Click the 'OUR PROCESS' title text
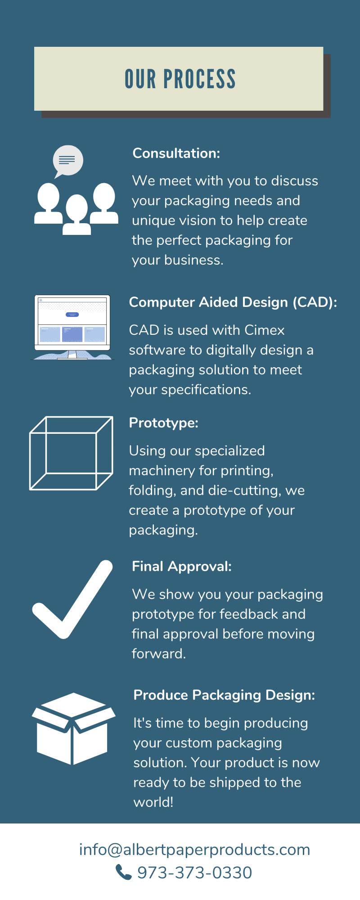point(180,79)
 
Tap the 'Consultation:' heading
point(176,153)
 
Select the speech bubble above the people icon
point(68,161)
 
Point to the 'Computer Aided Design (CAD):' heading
point(233,302)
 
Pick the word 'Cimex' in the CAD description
point(264,330)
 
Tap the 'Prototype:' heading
point(163,423)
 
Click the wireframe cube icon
point(71,453)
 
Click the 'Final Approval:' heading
point(181,567)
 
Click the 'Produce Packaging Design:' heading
point(224,695)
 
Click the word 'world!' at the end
point(153,802)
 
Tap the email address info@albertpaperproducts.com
point(194,850)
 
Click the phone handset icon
point(123,872)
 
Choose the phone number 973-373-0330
point(194,873)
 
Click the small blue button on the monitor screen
point(72,315)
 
